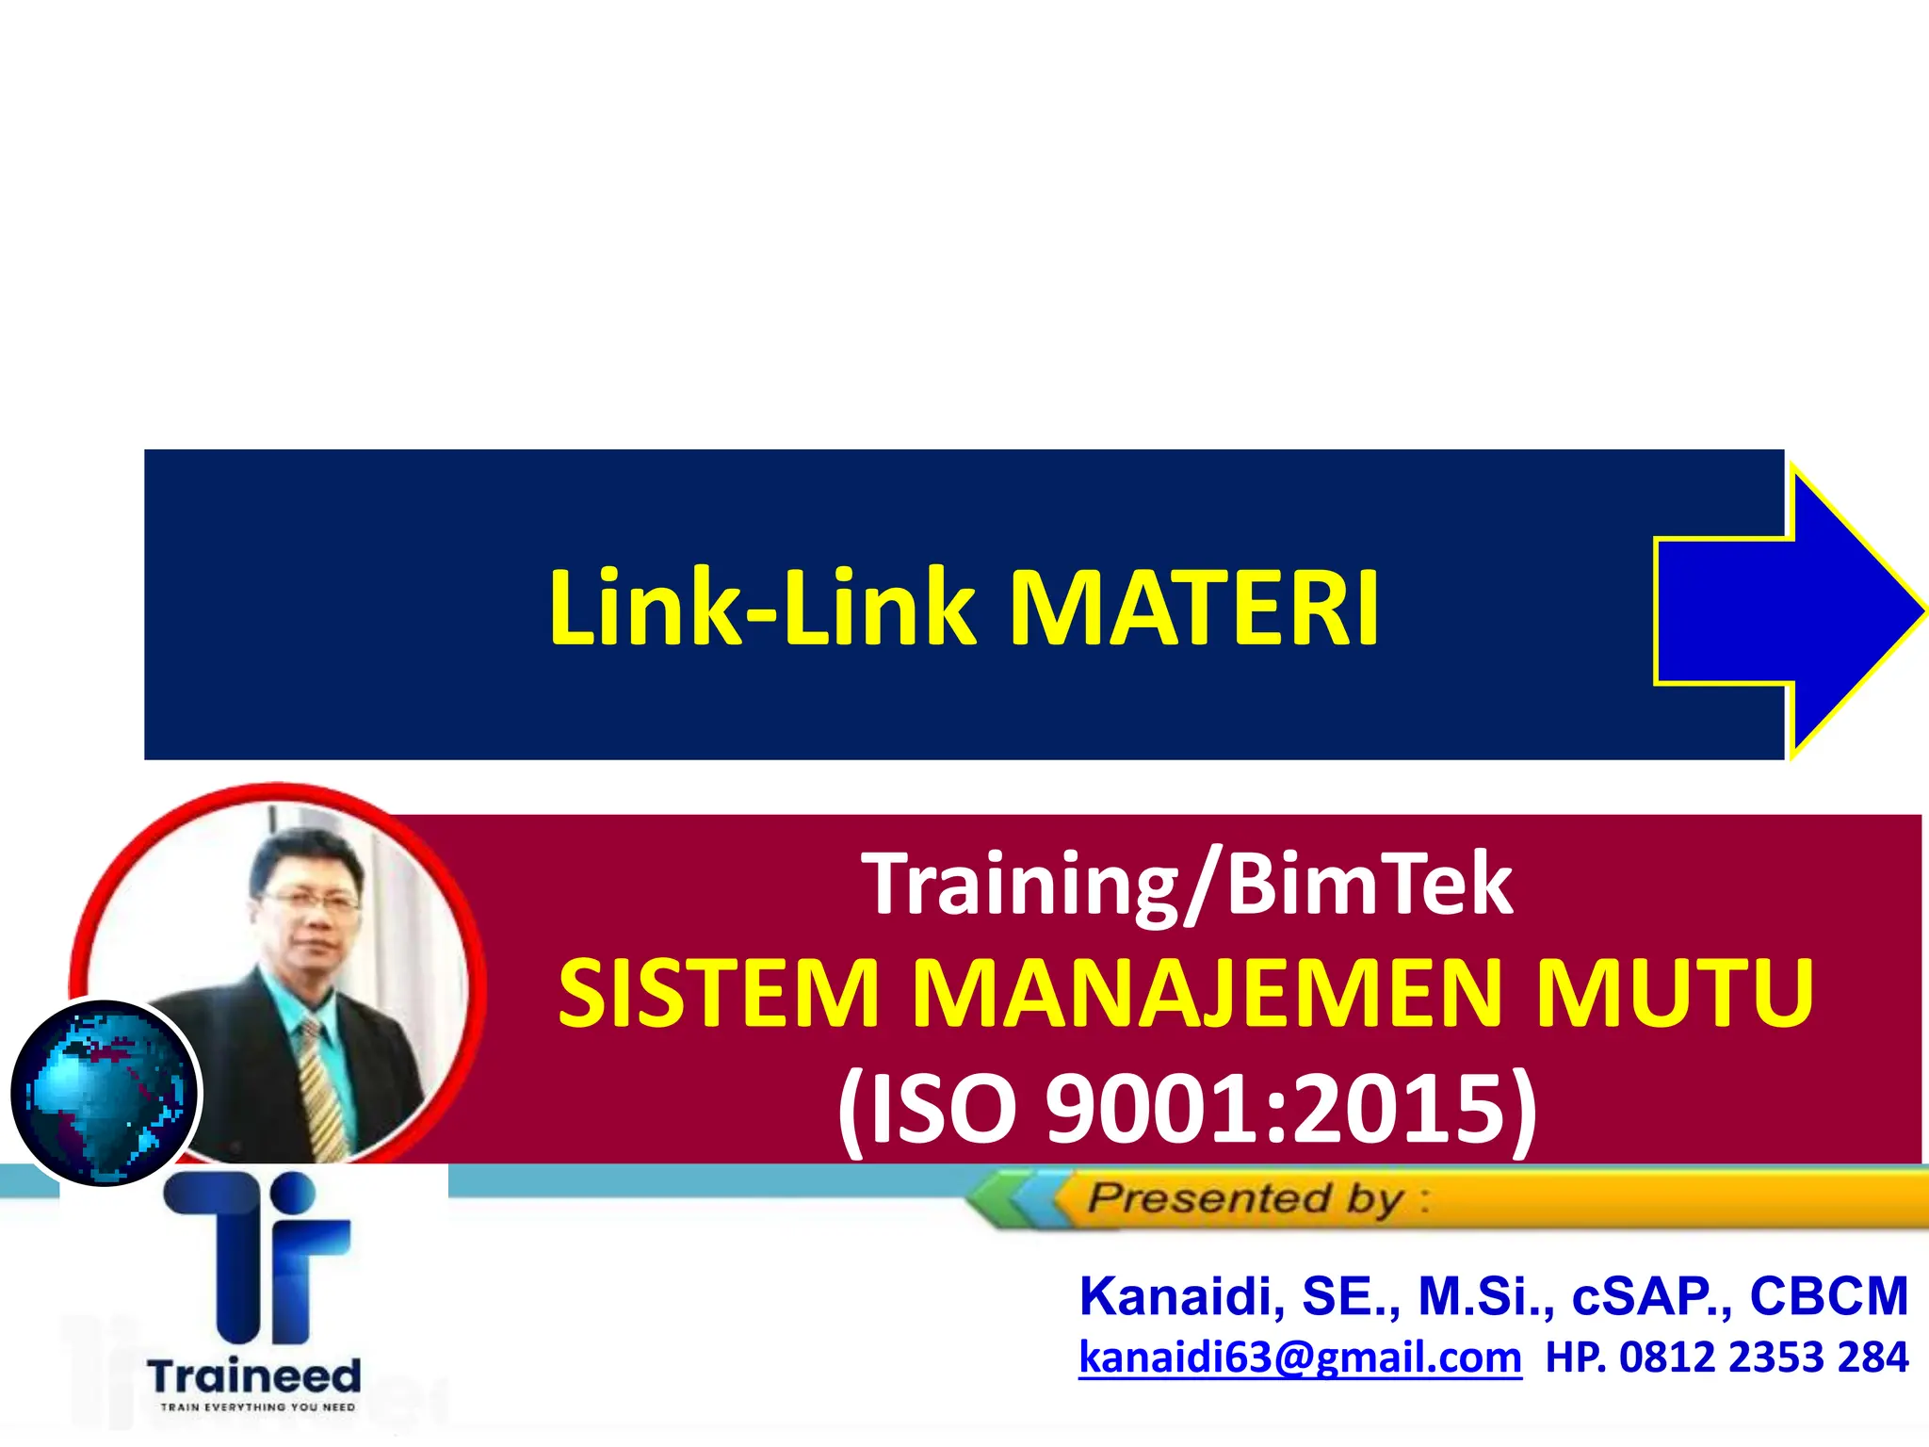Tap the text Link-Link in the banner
tap(763, 609)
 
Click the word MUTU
tap(1675, 993)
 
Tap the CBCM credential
tap(1828, 1296)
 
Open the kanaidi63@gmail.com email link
tap(1300, 1358)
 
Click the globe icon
tap(105, 1093)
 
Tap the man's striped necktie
tap(320, 1093)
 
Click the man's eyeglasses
tap(311, 900)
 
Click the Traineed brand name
tap(254, 1376)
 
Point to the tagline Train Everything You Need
tap(257, 1407)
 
